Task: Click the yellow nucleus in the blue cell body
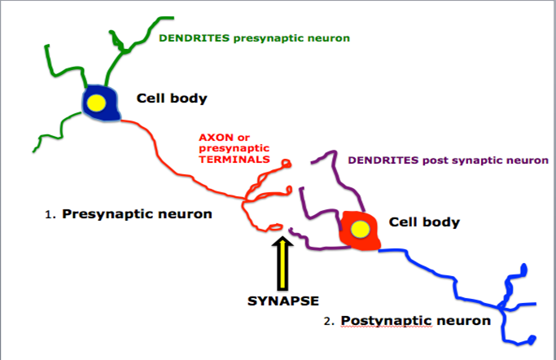(97, 103)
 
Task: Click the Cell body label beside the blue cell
(172, 99)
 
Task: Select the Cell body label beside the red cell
(424, 221)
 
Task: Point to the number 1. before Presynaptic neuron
(50, 216)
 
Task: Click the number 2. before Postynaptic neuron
(329, 321)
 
